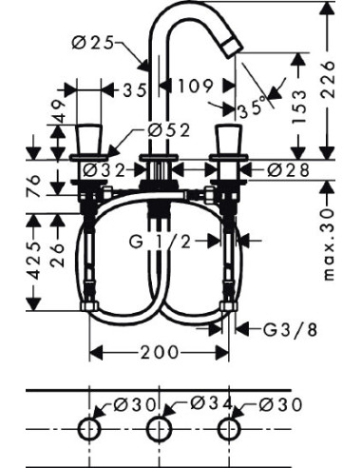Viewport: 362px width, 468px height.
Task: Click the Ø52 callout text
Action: [167, 132]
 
